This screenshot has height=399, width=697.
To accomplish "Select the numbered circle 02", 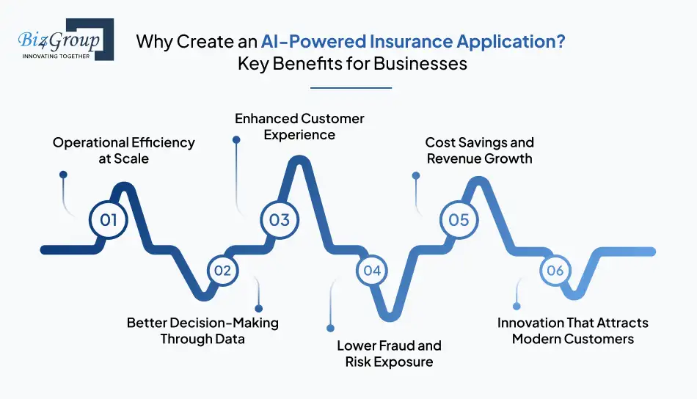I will (222, 271).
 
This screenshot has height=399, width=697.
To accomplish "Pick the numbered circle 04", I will (372, 271).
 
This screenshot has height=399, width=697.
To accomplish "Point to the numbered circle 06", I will (555, 271).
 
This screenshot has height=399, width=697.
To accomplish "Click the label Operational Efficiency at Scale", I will (123, 150).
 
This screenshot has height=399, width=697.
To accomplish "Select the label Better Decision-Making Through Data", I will (202, 331).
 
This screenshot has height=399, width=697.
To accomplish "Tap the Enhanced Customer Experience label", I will (299, 126).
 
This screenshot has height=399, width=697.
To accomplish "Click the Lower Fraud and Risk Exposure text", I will (389, 354).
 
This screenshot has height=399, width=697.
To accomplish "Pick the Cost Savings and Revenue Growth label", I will (479, 150).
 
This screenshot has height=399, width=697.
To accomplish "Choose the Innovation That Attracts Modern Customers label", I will (572, 331).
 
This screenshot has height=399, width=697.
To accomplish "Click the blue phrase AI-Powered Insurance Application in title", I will (413, 42).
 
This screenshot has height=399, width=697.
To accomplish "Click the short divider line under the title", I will (351, 88).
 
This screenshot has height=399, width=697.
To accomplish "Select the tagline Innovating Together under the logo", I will (56, 56).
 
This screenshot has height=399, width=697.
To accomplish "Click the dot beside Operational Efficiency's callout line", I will (63, 175).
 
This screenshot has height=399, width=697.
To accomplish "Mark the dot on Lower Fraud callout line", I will (330, 328).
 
